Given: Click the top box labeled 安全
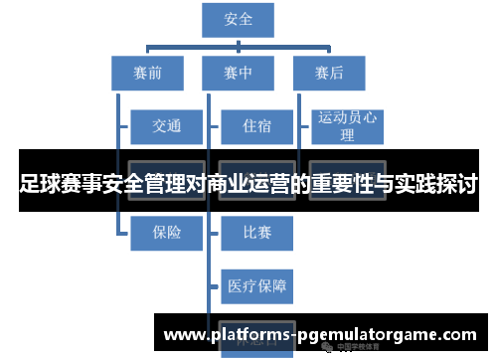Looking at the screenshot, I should click(239, 20).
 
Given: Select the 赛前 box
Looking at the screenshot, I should click(147, 73).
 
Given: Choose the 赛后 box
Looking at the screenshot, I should click(329, 73).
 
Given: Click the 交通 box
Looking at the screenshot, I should click(166, 126).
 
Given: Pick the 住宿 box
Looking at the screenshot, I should click(256, 126).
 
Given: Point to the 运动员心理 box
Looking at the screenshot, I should click(347, 126).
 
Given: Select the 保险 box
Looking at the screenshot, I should click(166, 233).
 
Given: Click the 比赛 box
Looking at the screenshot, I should click(256, 233).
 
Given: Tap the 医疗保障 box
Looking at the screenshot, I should click(256, 286).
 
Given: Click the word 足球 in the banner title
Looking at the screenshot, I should click(39, 185).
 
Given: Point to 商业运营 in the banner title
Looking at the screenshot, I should click(248, 185).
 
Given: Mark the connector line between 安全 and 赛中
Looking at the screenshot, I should click(239, 46).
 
